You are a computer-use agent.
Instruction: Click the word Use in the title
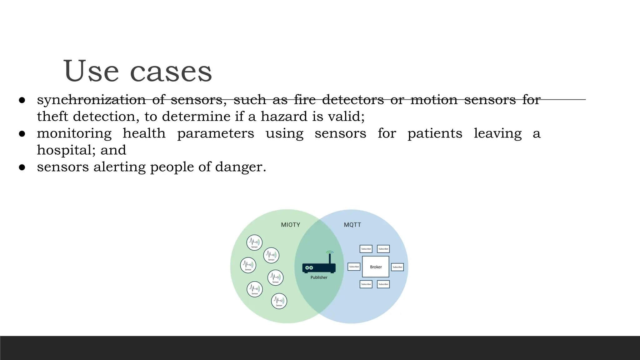pos(91,71)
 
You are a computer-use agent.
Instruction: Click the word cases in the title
pos(171,72)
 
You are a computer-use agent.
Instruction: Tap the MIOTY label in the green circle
pos(290,225)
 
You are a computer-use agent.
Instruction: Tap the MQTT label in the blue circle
pos(352,225)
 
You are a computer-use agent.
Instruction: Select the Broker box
pos(376,267)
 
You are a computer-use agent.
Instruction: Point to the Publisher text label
pos(319,277)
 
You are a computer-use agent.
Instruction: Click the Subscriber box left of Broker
pos(354,267)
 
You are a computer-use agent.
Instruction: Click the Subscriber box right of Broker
pos(397,267)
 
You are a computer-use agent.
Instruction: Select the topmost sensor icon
pos(254,242)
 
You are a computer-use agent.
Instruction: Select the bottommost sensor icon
pos(279,301)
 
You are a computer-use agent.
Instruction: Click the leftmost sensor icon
pos(248,265)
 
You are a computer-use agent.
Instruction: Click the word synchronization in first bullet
pos(91,100)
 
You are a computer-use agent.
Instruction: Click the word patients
pos(435,133)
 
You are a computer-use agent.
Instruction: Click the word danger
pos(240,167)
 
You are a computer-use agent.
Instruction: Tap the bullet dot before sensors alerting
pos(22,167)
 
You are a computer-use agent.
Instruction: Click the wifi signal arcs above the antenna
pos(330,252)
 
